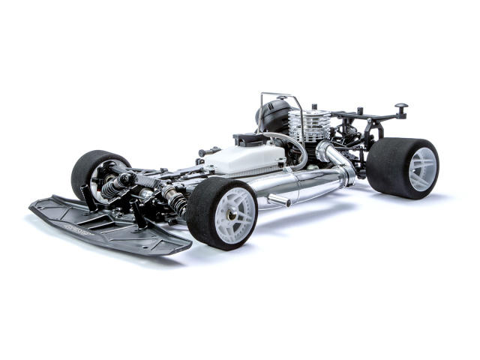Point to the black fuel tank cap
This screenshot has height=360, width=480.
pos(247,139)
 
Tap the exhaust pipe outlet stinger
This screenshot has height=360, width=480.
pos(279,199)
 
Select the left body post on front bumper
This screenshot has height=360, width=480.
pos(89,196)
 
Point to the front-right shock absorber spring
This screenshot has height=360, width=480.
pos(173,199)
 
